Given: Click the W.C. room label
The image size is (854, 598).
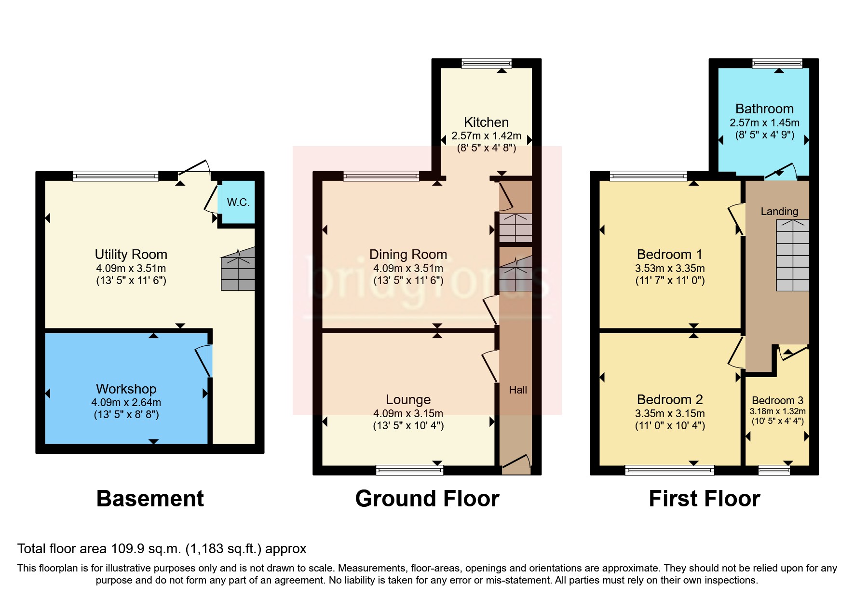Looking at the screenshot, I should click(238, 202).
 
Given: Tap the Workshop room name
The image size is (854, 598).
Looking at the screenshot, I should click(126, 389).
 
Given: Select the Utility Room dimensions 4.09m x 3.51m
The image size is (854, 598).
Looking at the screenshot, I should click(131, 269).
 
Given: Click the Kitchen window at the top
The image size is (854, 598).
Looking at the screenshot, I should click(486, 63).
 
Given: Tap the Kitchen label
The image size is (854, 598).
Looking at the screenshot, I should click(486, 122).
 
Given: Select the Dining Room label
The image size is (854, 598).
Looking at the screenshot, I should click(408, 254).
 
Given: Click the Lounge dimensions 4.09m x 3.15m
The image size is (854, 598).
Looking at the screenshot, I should click(408, 414).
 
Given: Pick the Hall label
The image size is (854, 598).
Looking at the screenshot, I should click(518, 390).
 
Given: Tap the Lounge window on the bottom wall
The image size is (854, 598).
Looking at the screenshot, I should click(409, 470).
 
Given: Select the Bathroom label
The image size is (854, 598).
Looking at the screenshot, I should click(764, 109).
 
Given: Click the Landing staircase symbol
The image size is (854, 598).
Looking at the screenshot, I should click(792, 256).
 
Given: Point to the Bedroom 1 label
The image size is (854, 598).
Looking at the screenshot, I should click(669, 254).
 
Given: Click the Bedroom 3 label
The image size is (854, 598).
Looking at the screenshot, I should click(777, 400).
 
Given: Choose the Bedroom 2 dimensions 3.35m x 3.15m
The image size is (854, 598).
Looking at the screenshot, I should click(670, 414).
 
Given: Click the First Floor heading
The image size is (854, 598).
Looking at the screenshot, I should click(704, 499).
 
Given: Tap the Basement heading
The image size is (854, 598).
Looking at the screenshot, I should click(150, 499).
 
